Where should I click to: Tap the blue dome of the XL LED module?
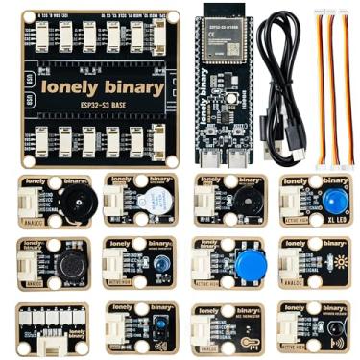(x=334, y=201)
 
